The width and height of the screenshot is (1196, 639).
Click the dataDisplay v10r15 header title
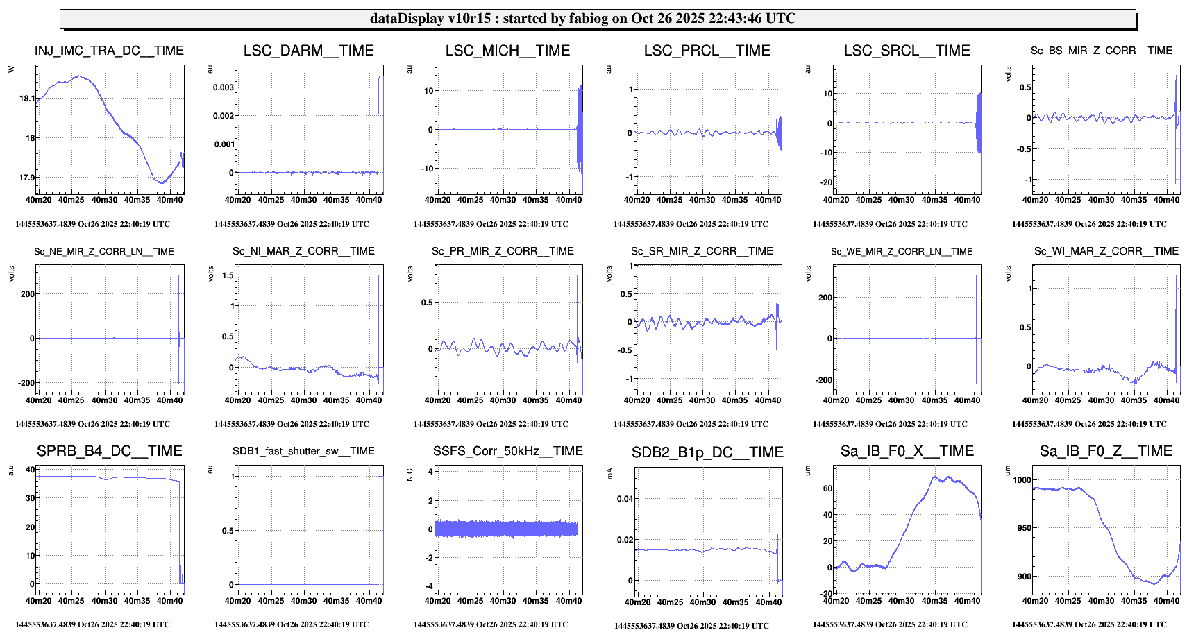point(582,19)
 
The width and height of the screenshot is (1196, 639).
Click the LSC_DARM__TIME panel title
point(308,51)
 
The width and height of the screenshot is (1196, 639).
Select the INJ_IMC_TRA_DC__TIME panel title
point(109,51)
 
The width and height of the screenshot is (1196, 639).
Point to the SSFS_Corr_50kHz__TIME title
point(507,451)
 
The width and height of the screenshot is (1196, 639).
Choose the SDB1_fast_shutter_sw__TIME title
point(303,451)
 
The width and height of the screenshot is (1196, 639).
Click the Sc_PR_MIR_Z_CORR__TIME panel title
point(503,251)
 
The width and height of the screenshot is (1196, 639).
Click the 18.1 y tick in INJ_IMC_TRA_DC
point(26,99)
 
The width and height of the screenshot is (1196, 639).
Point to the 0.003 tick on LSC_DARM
point(223,87)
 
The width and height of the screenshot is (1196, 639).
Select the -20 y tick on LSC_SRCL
point(825,182)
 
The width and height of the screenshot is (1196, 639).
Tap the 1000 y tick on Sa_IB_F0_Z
point(1022,480)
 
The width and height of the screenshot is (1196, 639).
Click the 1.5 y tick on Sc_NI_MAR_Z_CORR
point(227,275)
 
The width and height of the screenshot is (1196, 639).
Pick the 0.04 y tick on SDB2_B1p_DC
point(625,499)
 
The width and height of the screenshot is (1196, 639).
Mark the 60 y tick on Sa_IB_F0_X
point(827,488)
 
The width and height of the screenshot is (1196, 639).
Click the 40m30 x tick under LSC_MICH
point(503,200)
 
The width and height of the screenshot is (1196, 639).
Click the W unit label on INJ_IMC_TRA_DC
point(10,69)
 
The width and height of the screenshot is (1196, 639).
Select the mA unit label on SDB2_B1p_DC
point(609,473)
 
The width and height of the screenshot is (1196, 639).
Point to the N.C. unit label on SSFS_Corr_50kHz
point(410,474)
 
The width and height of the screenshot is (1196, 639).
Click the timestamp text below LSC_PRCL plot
point(691,224)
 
